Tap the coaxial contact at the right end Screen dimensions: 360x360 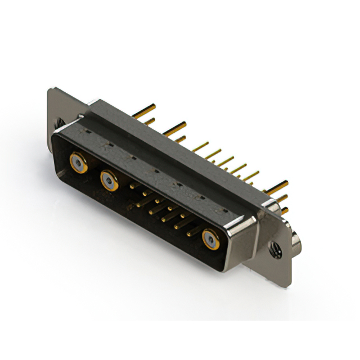pyautogui.click(x=210, y=239)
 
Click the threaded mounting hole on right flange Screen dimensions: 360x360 pyautogui.click(x=276, y=248)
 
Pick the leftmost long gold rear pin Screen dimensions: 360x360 pyautogui.click(x=145, y=109)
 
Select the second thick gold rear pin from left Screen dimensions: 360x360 pyautogui.click(x=175, y=127)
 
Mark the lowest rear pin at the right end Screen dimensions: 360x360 pyautogui.click(x=285, y=210)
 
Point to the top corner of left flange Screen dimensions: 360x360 pyautogui.click(x=51, y=89)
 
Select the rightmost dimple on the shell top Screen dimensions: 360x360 pyautogui.click(x=225, y=210)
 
